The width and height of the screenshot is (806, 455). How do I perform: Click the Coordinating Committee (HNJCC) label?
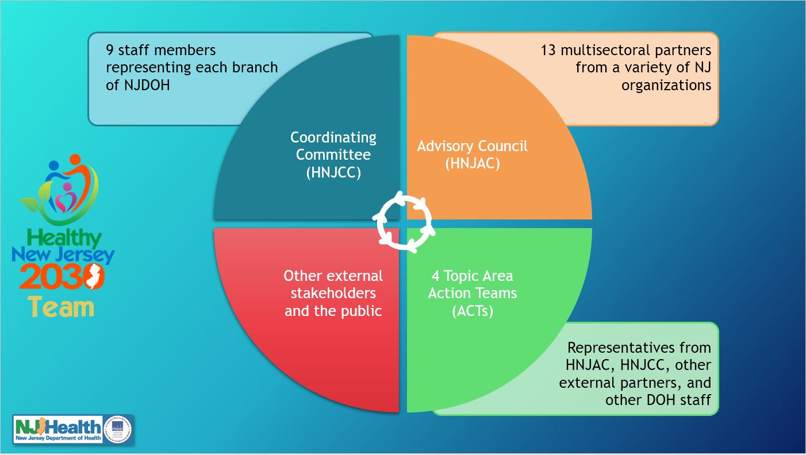point(333,155)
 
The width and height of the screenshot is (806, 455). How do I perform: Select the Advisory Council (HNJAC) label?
point(472,154)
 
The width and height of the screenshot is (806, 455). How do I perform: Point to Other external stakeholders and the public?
point(333,293)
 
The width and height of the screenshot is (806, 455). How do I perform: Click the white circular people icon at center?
point(404,223)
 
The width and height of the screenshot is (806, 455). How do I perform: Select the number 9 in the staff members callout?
point(109,50)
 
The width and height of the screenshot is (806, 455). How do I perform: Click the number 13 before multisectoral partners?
point(548,50)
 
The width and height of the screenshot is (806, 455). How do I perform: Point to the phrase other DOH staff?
point(658,400)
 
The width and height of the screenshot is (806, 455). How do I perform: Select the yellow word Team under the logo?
point(61,306)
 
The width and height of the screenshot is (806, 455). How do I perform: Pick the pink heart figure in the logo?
point(67,199)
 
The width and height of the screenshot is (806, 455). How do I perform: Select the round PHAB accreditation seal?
point(118,429)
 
